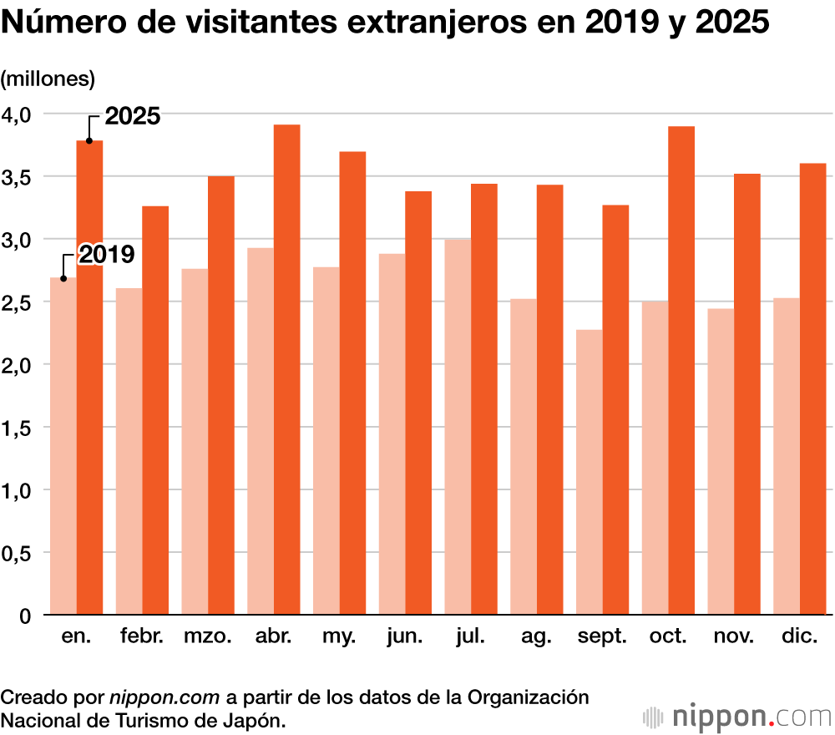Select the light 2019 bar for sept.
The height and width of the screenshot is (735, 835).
589,472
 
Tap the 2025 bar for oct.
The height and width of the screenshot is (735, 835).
681,371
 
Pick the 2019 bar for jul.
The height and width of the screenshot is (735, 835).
458,427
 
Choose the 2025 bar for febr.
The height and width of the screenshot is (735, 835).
155,410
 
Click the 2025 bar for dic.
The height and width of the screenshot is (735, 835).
812,389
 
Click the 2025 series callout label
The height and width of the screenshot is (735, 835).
132,117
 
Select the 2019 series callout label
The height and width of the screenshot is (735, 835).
106,255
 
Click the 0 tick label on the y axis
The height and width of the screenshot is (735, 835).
24,616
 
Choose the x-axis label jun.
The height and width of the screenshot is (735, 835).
404,637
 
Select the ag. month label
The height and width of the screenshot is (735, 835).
536,637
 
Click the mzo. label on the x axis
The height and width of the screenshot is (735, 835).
208,637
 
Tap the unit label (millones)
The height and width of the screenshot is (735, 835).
48,79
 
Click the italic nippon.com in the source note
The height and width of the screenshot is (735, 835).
164,697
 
